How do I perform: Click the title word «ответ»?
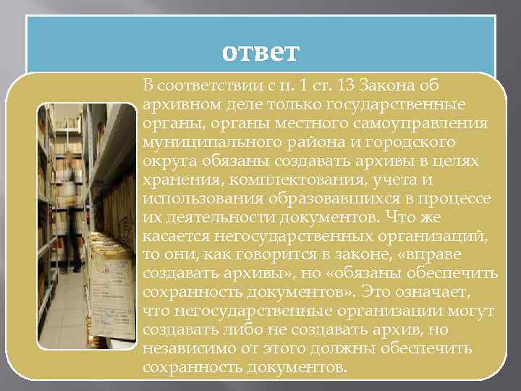pyautogui.click(x=260, y=53)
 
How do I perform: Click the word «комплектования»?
pyautogui.click(x=266, y=179)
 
